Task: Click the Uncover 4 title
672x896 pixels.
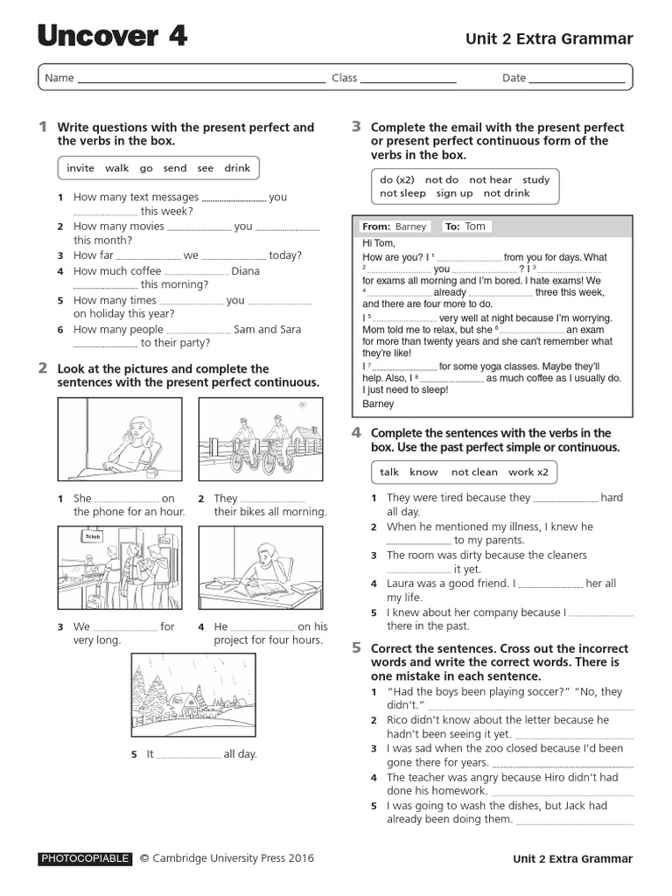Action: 112,37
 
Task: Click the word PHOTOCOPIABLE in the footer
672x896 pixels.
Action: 85,859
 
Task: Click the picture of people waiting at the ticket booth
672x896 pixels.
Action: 120,569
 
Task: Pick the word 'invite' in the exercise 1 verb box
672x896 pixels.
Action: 80,168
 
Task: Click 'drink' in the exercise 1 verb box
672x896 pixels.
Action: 237,168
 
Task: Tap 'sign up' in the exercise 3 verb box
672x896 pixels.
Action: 454,193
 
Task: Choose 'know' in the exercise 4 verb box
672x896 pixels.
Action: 423,472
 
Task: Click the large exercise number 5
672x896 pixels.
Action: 356,648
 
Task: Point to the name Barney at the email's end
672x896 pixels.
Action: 378,404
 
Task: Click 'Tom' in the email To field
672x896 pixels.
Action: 475,226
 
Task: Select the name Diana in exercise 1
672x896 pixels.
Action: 246,271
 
